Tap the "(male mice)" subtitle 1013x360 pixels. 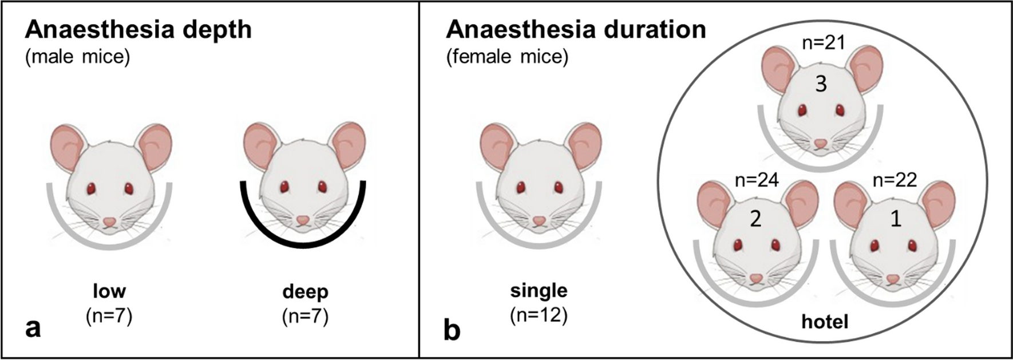(x=77, y=58)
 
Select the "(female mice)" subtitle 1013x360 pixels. (x=507, y=58)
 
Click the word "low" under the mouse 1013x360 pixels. (x=109, y=291)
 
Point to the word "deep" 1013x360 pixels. (x=306, y=291)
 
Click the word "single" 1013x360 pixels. (x=539, y=290)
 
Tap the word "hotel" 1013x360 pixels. (x=825, y=322)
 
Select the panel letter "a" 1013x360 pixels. (x=33, y=329)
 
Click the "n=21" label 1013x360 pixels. (x=824, y=42)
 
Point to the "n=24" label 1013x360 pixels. (x=757, y=180)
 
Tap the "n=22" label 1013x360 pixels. (x=895, y=180)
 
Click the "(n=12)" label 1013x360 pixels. (x=539, y=315)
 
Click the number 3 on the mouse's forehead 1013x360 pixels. (x=821, y=85)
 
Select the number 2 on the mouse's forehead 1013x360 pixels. (x=755, y=219)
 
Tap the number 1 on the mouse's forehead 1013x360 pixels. (x=896, y=219)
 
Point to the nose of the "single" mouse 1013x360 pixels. (x=539, y=221)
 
